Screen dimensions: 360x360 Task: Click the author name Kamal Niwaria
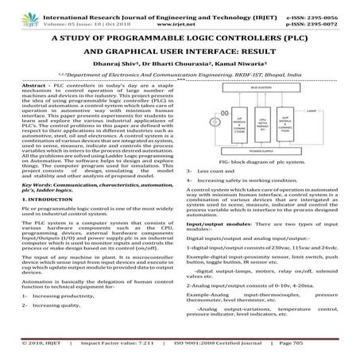coord(232,70)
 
